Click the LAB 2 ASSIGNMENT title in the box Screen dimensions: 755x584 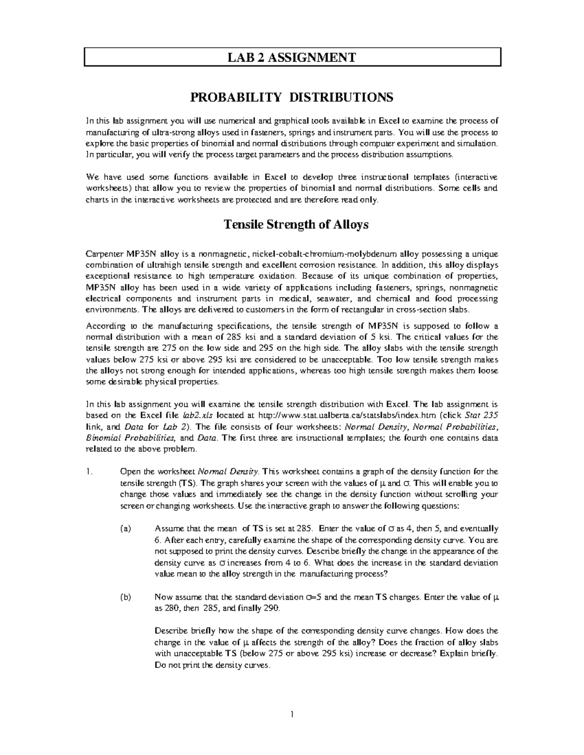pyautogui.click(x=292, y=58)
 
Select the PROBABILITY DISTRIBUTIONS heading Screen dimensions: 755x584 pyautogui.click(x=292, y=98)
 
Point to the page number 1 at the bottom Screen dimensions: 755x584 pyautogui.click(x=292, y=714)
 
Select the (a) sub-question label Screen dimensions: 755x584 pyautogui.click(x=126, y=529)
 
